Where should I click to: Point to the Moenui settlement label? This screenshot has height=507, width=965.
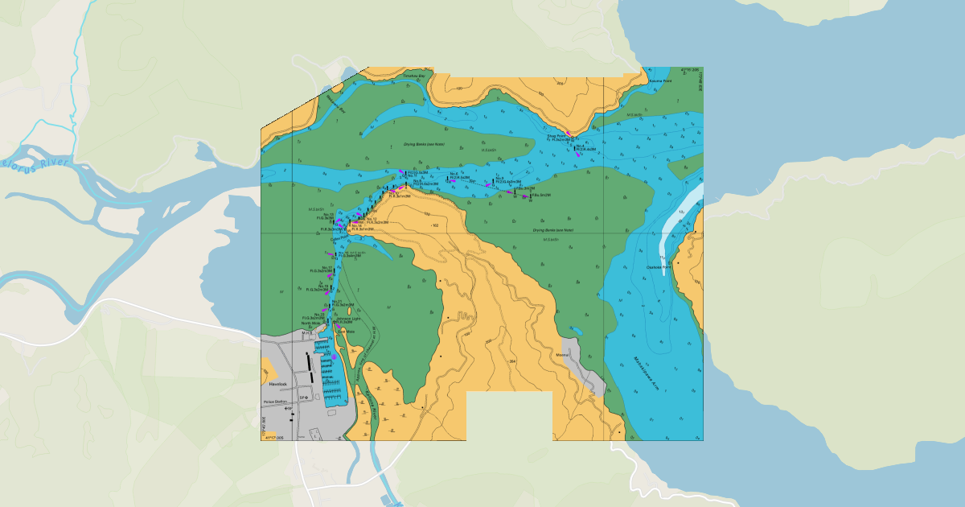point(563,354)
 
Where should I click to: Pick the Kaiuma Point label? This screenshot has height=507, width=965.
point(660,81)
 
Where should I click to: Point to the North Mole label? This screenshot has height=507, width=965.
point(311,324)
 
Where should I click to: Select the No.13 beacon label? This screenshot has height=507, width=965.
point(326,214)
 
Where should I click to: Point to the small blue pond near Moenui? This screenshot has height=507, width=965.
point(576,330)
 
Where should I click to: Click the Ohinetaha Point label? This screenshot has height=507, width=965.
point(659,267)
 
